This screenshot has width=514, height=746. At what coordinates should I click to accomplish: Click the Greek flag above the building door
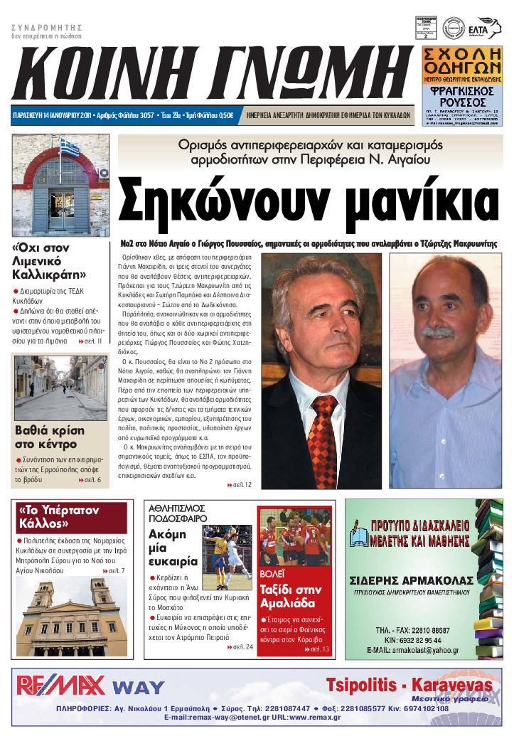coord(69,149)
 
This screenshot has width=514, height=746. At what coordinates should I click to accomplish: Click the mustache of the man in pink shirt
coord(439,331)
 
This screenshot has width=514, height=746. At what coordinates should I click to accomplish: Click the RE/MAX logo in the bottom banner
coord(61,686)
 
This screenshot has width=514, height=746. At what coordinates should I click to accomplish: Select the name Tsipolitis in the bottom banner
coord(366,685)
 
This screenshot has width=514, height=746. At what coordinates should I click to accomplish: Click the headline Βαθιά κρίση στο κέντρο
coord(50,437)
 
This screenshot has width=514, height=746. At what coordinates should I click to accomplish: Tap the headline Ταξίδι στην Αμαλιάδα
coord(291,597)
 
